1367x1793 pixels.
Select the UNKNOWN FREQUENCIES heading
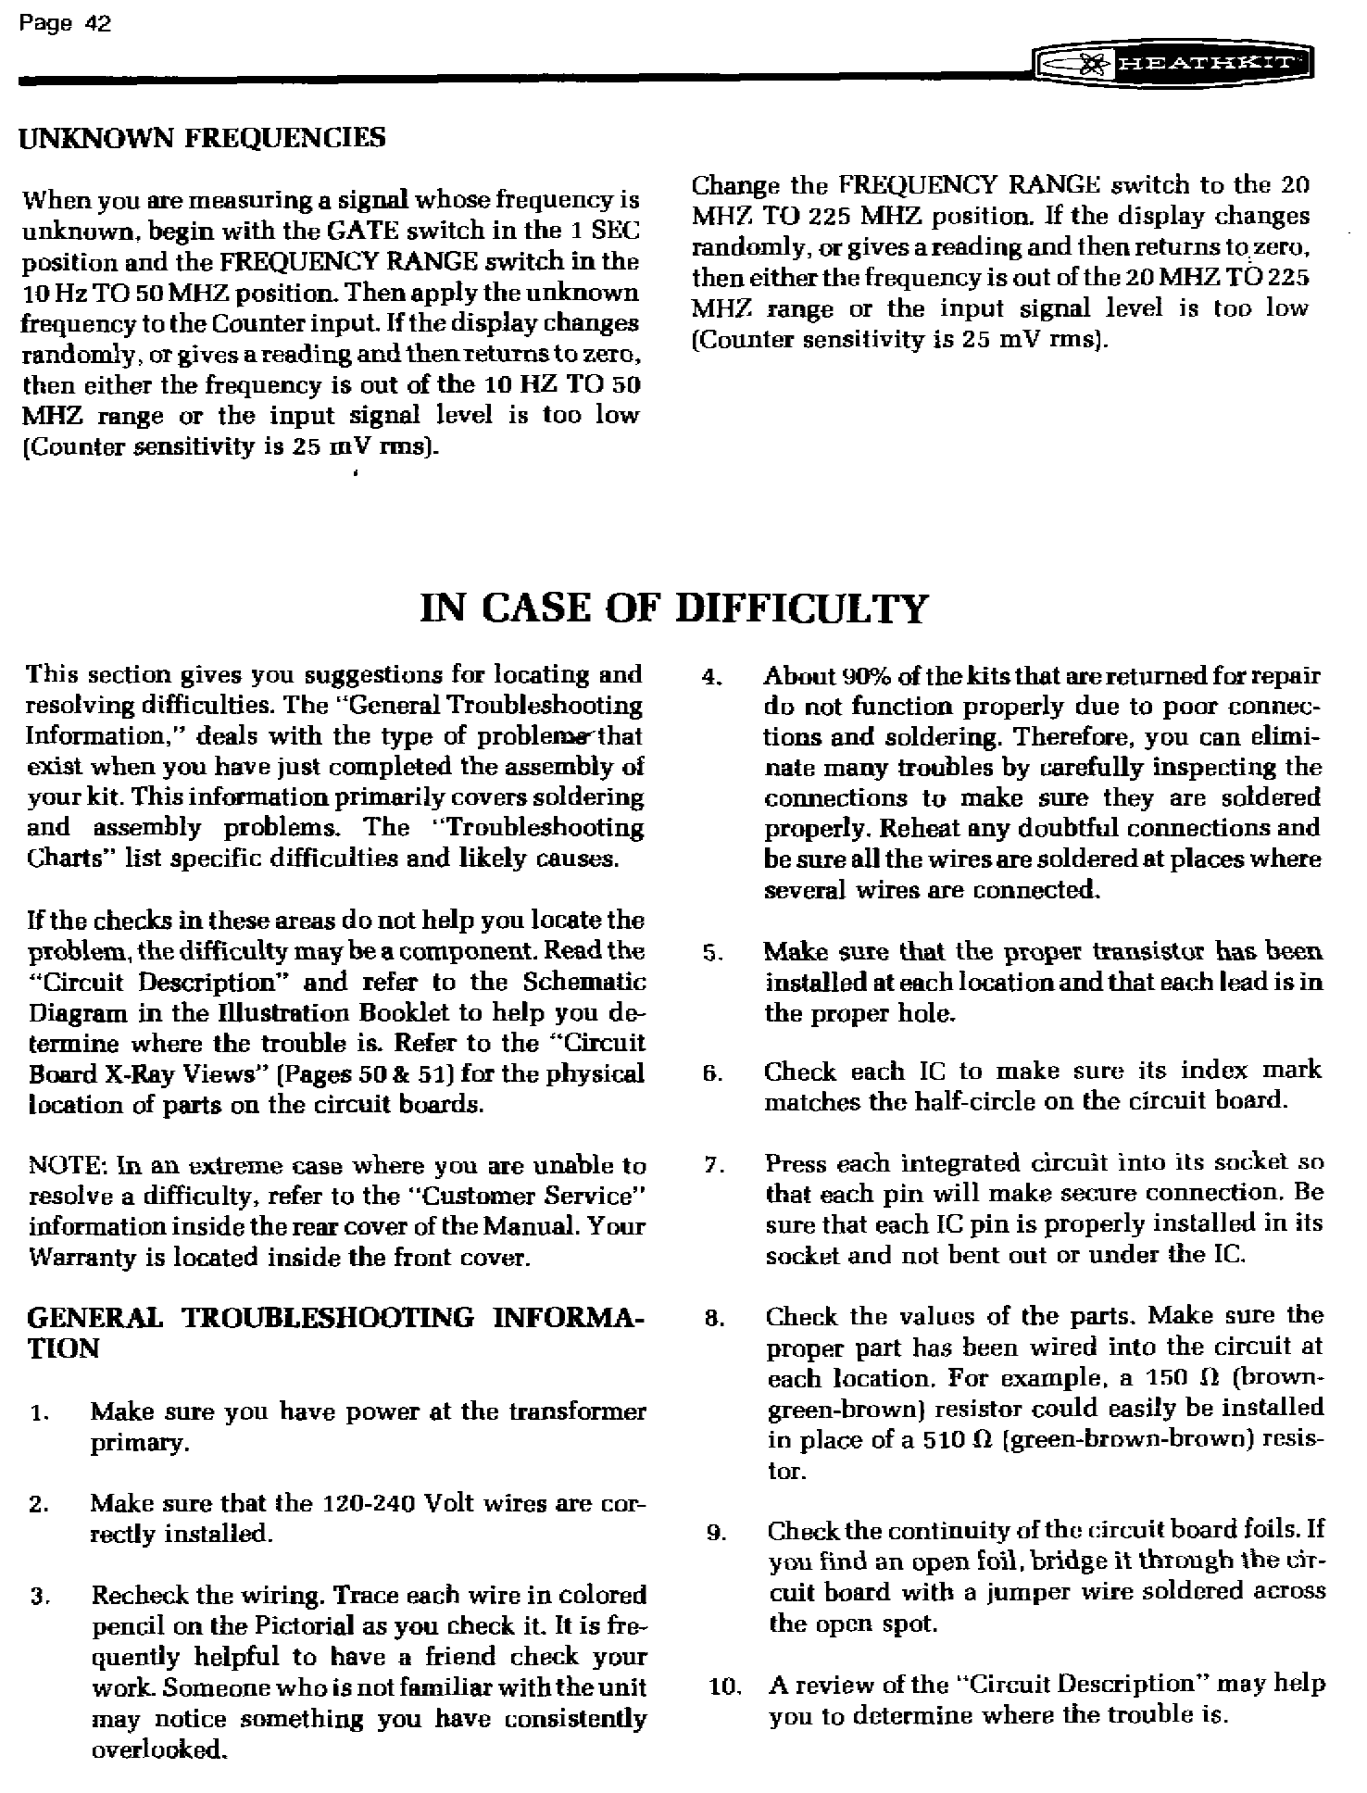point(203,139)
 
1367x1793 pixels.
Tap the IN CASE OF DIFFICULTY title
point(672,609)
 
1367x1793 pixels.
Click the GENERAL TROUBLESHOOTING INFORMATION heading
point(334,1331)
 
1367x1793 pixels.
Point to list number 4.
point(710,678)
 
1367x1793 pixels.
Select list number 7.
point(711,1165)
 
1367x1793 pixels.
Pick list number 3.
point(38,1597)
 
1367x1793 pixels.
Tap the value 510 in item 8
point(945,1441)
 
